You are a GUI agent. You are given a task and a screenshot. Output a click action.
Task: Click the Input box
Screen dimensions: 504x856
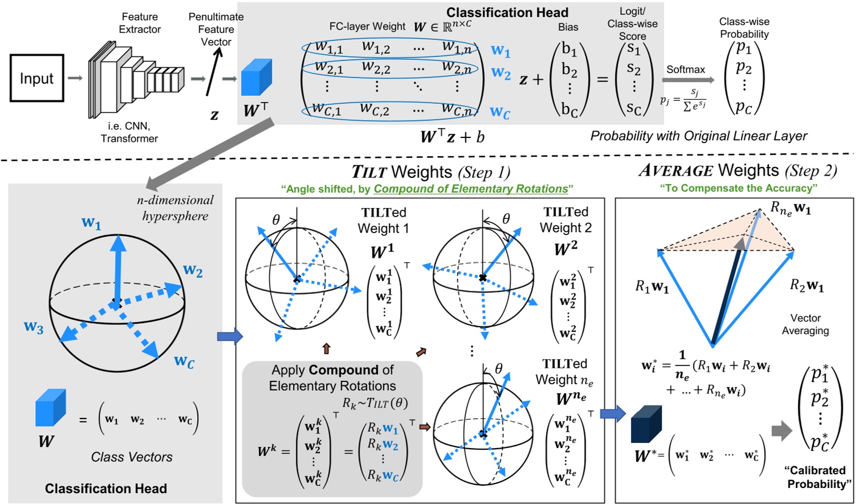click(36, 78)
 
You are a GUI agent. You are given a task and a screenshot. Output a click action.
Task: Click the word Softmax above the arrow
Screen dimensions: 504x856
click(686, 69)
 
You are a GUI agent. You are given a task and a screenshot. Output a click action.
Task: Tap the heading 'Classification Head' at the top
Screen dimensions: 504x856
click(507, 13)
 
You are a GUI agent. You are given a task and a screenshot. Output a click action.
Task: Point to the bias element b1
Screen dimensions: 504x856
click(569, 50)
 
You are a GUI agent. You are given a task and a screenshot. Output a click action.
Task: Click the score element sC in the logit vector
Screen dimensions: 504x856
click(634, 108)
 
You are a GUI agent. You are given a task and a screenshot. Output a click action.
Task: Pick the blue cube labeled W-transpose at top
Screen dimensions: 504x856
click(256, 77)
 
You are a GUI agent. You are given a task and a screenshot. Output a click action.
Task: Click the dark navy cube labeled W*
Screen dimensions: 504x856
click(646, 424)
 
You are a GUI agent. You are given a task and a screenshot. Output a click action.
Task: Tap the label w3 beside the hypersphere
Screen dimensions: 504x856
click(33, 327)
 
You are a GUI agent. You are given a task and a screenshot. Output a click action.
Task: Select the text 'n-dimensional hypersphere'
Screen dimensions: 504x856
click(175, 208)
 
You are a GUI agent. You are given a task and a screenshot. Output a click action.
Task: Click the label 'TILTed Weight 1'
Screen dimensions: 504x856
click(384, 221)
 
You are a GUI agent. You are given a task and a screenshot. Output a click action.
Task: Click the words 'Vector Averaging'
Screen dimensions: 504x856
click(805, 324)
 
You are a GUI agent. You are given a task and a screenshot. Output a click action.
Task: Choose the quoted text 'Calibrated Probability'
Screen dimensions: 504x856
click(817, 477)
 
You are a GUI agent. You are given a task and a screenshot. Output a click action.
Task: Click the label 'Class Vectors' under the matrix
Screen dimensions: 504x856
click(132, 457)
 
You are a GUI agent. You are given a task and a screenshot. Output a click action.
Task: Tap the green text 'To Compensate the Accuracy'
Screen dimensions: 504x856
click(739, 188)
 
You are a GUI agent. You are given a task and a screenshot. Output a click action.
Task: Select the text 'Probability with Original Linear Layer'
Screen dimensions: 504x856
click(698, 136)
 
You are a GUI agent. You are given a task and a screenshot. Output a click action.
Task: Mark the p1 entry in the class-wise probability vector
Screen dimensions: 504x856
click(744, 48)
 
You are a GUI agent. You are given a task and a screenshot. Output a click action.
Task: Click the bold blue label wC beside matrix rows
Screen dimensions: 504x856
click(500, 112)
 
